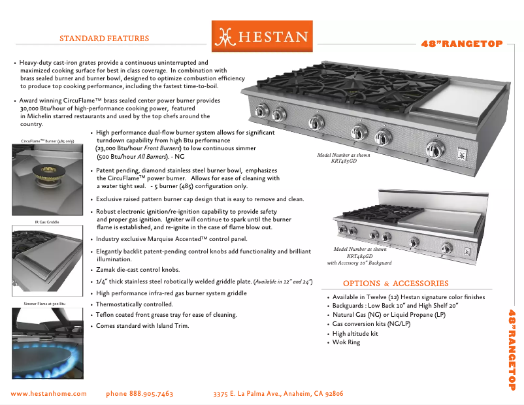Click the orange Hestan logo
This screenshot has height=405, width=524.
coord(262,37)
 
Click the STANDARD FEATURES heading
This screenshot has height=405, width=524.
coord(104,39)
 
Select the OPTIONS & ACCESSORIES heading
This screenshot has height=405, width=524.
coord(395,283)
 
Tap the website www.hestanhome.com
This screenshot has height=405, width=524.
coord(49,394)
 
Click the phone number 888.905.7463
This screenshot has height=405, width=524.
coord(139,394)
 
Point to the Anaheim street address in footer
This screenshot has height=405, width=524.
coord(278,394)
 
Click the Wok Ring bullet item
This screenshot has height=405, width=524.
coord(346,342)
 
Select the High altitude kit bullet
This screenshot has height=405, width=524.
coord(355,333)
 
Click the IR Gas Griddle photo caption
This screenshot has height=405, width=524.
coord(47,222)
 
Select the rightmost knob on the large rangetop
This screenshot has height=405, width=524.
coord(433,146)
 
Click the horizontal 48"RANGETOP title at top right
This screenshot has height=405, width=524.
coord(461,44)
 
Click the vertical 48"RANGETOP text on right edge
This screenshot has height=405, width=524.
coord(513,349)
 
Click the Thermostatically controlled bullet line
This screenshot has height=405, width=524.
coord(135,304)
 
